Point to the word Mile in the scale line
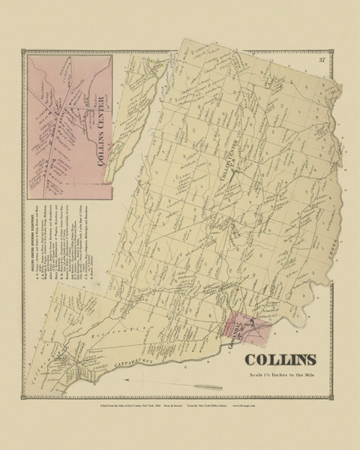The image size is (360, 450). click(307, 375)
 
